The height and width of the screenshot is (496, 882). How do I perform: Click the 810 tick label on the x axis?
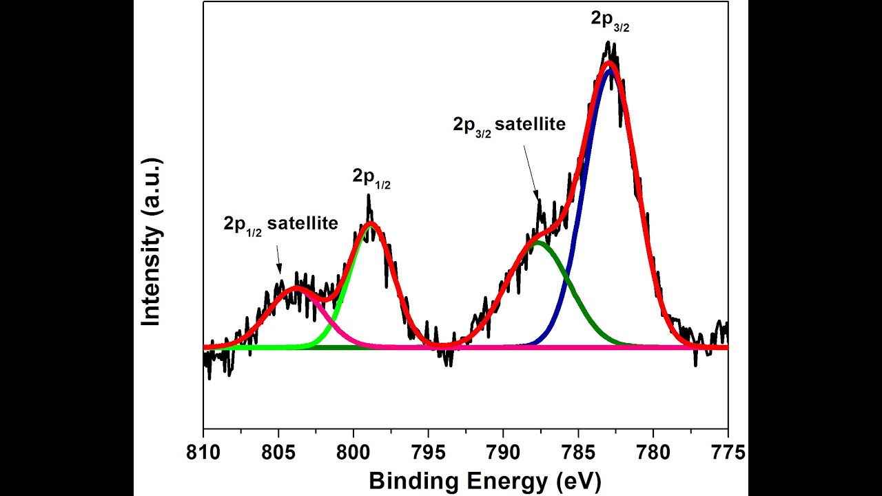[x=204, y=453]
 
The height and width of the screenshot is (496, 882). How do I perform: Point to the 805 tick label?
[x=278, y=453]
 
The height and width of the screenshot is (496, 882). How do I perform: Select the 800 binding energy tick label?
[x=353, y=453]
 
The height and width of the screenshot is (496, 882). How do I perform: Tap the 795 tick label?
[x=429, y=453]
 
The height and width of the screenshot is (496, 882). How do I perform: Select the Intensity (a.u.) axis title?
[x=151, y=242]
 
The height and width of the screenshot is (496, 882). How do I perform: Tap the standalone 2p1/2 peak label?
[x=371, y=178]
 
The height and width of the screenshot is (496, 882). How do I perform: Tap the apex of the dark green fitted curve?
[x=537, y=242]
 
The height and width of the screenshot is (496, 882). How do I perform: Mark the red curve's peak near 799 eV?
[x=371, y=223]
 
